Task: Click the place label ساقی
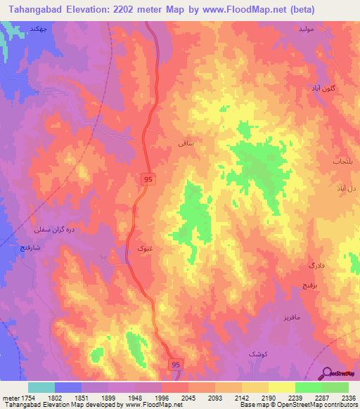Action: click(186, 143)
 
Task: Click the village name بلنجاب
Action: click(342, 161)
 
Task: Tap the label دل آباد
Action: click(345, 190)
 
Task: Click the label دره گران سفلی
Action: click(49, 229)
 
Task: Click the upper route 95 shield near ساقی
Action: click(146, 181)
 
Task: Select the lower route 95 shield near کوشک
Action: click(176, 363)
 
